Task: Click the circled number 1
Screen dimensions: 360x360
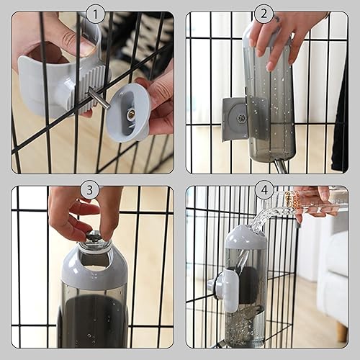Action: (x=96, y=14)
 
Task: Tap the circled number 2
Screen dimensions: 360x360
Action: (x=264, y=14)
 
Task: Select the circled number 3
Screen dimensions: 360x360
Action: (x=90, y=190)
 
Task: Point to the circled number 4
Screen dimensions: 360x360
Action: (x=264, y=190)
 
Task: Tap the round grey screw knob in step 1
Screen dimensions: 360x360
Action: (x=128, y=112)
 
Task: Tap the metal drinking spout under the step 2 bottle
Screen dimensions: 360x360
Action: (x=279, y=166)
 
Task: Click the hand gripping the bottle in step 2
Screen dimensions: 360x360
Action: (x=284, y=32)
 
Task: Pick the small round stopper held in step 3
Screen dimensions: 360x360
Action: (x=94, y=236)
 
